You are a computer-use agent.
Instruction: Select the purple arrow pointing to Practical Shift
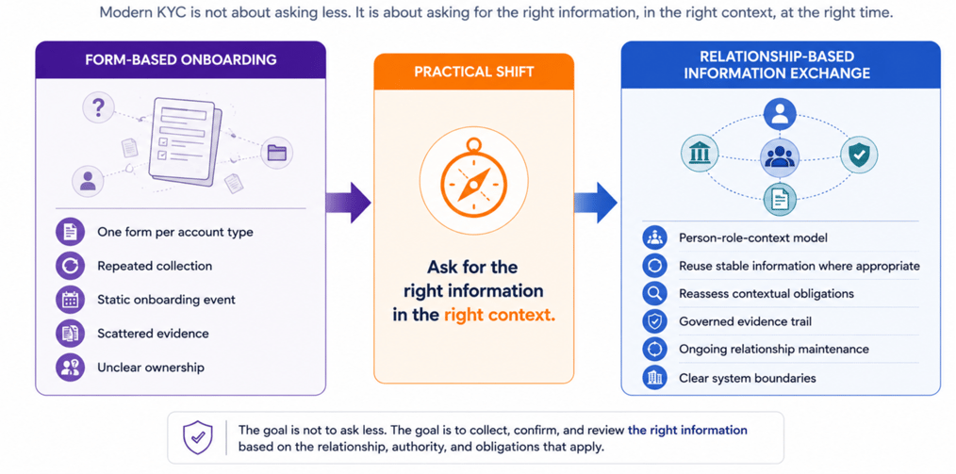pos(348,203)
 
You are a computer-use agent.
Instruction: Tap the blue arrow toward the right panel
pos(596,203)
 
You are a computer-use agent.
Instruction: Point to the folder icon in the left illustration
pos(277,153)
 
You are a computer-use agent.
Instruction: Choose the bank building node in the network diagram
pos(697,155)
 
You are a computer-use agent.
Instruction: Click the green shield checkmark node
pos(859,155)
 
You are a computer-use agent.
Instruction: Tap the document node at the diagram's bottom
pos(780,199)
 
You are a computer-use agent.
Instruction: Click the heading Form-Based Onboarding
pos(181,59)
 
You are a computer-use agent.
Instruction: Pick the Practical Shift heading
pos(473,72)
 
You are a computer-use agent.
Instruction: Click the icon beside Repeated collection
pos(67,267)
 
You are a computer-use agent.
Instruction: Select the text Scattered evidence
pos(153,334)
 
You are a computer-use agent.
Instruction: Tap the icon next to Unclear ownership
pos(67,368)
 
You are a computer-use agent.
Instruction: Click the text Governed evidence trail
pos(745,321)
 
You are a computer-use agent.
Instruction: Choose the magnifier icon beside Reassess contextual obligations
pos(654,294)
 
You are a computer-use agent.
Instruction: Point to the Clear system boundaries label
pos(747,378)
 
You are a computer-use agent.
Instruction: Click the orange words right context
pos(500,316)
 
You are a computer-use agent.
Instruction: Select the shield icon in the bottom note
pos(198,437)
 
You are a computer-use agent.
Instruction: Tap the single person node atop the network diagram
pos(780,114)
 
